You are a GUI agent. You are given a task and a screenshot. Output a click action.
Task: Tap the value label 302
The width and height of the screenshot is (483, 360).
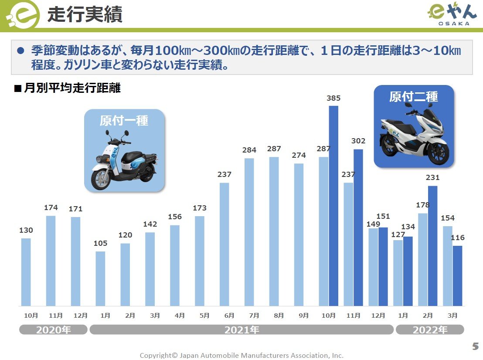(x=358, y=141)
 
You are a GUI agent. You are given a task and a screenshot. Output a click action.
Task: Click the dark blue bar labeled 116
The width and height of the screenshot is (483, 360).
(x=457, y=275)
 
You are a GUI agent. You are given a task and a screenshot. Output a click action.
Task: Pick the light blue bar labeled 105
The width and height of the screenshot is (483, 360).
(x=100, y=278)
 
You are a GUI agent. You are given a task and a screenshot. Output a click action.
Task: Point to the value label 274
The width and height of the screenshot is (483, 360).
(x=299, y=155)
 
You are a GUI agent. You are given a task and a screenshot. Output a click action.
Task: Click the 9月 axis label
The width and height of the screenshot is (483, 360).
(x=304, y=315)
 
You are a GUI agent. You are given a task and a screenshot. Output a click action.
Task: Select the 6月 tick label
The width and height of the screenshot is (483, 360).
(x=229, y=315)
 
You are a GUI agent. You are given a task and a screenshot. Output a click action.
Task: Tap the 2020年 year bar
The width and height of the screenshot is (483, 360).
(x=53, y=330)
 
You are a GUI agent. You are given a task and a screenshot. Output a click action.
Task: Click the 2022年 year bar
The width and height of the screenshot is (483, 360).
(x=430, y=330)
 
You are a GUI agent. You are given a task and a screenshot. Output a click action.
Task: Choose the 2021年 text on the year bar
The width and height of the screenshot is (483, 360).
(x=242, y=330)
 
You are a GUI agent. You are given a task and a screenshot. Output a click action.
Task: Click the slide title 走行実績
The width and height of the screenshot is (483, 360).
(x=85, y=14)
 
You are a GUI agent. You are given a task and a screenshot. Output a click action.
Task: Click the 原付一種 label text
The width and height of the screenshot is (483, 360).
(x=124, y=120)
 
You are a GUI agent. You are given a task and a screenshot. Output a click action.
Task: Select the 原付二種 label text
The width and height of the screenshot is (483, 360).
(x=414, y=97)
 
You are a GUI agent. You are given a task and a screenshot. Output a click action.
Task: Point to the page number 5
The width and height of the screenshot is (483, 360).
(x=475, y=347)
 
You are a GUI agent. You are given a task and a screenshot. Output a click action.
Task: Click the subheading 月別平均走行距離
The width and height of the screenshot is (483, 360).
(x=72, y=88)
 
